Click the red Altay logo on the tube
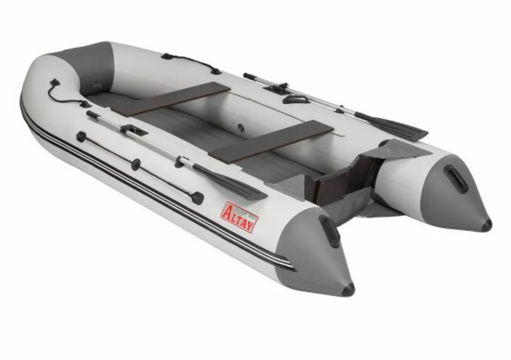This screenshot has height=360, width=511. pos(240,218)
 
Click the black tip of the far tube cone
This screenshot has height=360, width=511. pos(486,225)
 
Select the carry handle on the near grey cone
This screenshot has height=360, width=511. pos(329,231)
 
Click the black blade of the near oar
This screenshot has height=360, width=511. pos(230,182)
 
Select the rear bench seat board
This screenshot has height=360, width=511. pos(273,141)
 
